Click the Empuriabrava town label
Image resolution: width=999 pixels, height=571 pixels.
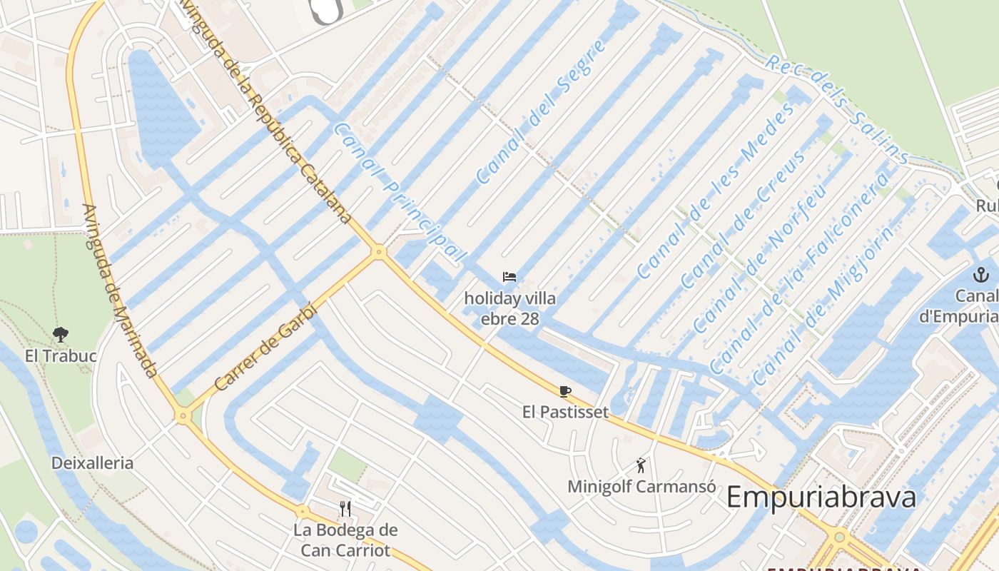pyautogui.click(x=821, y=497)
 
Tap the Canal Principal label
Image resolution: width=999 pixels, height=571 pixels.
pyautogui.click(x=400, y=191)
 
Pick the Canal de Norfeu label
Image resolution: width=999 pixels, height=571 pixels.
pyautogui.click(x=760, y=253)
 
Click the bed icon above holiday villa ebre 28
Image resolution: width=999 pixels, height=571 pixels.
pyautogui.click(x=509, y=277)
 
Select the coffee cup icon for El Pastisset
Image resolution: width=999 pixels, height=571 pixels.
pyautogui.click(x=565, y=390)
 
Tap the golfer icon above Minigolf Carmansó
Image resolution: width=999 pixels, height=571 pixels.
pyautogui.click(x=641, y=465)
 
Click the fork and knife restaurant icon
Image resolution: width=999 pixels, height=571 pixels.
pyautogui.click(x=345, y=508)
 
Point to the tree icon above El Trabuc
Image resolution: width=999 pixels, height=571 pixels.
pyautogui.click(x=61, y=333)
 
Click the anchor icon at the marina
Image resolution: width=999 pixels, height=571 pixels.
pyautogui.click(x=981, y=274)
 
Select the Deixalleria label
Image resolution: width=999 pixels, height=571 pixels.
pyautogui.click(x=92, y=463)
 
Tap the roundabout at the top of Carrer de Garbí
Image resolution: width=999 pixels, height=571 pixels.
pyautogui.click(x=379, y=251)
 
